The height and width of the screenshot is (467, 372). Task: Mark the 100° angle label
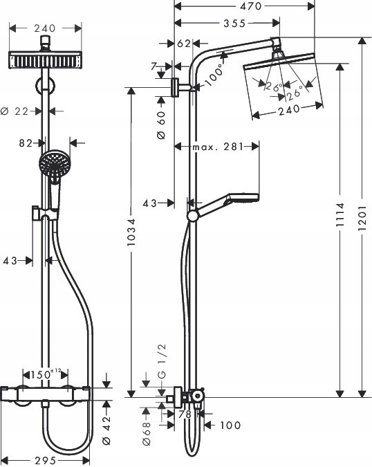tap(214, 73)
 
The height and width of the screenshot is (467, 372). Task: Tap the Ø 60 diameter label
tap(161, 125)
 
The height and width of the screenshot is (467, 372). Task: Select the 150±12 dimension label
tap(49, 374)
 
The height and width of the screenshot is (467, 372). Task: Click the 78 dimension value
tap(185, 414)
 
